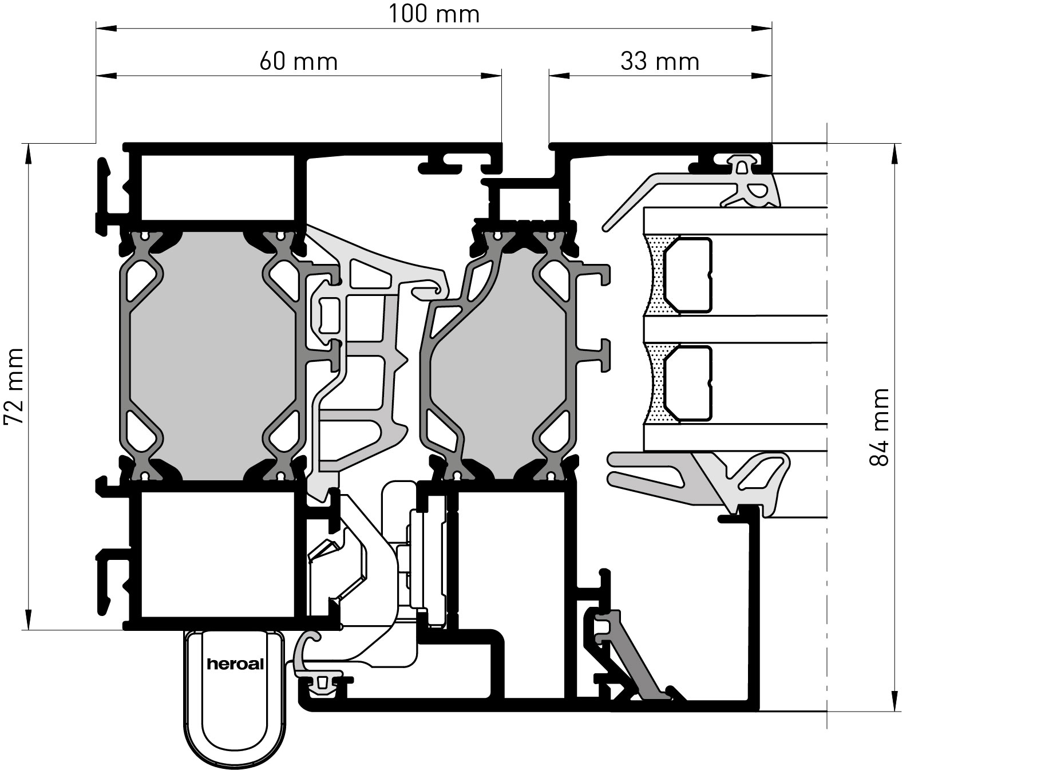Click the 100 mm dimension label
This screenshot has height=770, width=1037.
(434, 14)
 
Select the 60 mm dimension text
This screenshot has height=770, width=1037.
(298, 61)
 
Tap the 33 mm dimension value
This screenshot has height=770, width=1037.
(660, 61)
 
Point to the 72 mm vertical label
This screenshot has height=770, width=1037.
(14, 386)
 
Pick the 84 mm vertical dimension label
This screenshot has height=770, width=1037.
(878, 427)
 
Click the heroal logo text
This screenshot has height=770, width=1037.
(235, 665)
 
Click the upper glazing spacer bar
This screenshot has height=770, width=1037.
(687, 276)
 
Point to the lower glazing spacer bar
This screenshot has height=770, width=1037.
(687, 384)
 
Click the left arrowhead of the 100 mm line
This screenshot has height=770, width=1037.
(106, 26)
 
